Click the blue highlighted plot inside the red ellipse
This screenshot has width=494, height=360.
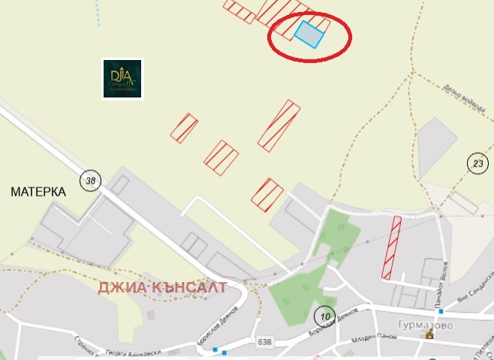click(x=309, y=34)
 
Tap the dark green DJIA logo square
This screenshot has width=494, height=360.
click(x=122, y=79)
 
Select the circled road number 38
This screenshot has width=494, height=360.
click(x=91, y=180)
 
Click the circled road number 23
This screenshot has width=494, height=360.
click(x=477, y=163)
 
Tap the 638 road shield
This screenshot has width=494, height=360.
click(x=263, y=342)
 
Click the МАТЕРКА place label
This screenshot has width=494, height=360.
click(x=38, y=192)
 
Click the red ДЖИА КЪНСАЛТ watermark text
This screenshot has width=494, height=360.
click(x=162, y=287)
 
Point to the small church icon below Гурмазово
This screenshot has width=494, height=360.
click(x=430, y=335)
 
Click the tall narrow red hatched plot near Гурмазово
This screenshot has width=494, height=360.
click(x=391, y=247)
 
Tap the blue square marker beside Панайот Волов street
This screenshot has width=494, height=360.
click(x=441, y=311)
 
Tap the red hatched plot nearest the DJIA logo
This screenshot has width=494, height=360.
click(x=184, y=127)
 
